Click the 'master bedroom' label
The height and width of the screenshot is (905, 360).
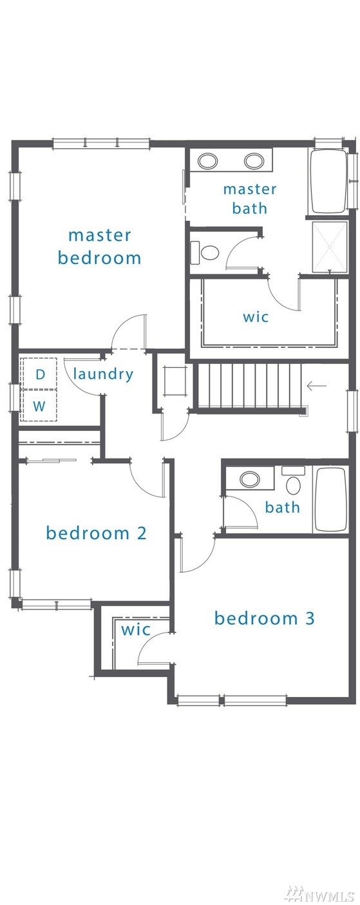pyautogui.click(x=99, y=247)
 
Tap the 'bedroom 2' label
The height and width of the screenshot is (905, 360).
pyautogui.click(x=96, y=533)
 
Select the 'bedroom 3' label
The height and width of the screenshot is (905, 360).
pyautogui.click(x=264, y=618)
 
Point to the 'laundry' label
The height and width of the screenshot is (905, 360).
pyautogui.click(x=103, y=374)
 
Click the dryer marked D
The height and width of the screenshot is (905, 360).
pyautogui.click(x=39, y=374)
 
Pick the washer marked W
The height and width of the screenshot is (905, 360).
pyautogui.click(x=39, y=405)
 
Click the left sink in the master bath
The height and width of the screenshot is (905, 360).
pyautogui.click(x=207, y=161)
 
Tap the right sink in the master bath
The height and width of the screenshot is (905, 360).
pyautogui.click(x=254, y=161)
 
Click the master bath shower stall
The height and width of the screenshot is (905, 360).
pyautogui.click(x=330, y=247)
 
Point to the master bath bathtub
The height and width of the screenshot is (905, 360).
pyautogui.click(x=329, y=182)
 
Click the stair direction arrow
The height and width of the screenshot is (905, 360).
pyautogui.click(x=317, y=386)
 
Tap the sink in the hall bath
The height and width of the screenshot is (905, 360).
pyautogui.click(x=250, y=480)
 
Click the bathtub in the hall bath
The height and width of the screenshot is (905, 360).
pyautogui.click(x=330, y=500)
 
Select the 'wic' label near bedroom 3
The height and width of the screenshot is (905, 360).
pyautogui.click(x=136, y=629)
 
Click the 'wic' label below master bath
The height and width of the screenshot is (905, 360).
pyautogui.click(x=256, y=317)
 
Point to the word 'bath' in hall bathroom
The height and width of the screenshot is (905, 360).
pyautogui.click(x=283, y=507)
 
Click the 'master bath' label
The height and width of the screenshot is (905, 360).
pyautogui.click(x=250, y=199)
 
